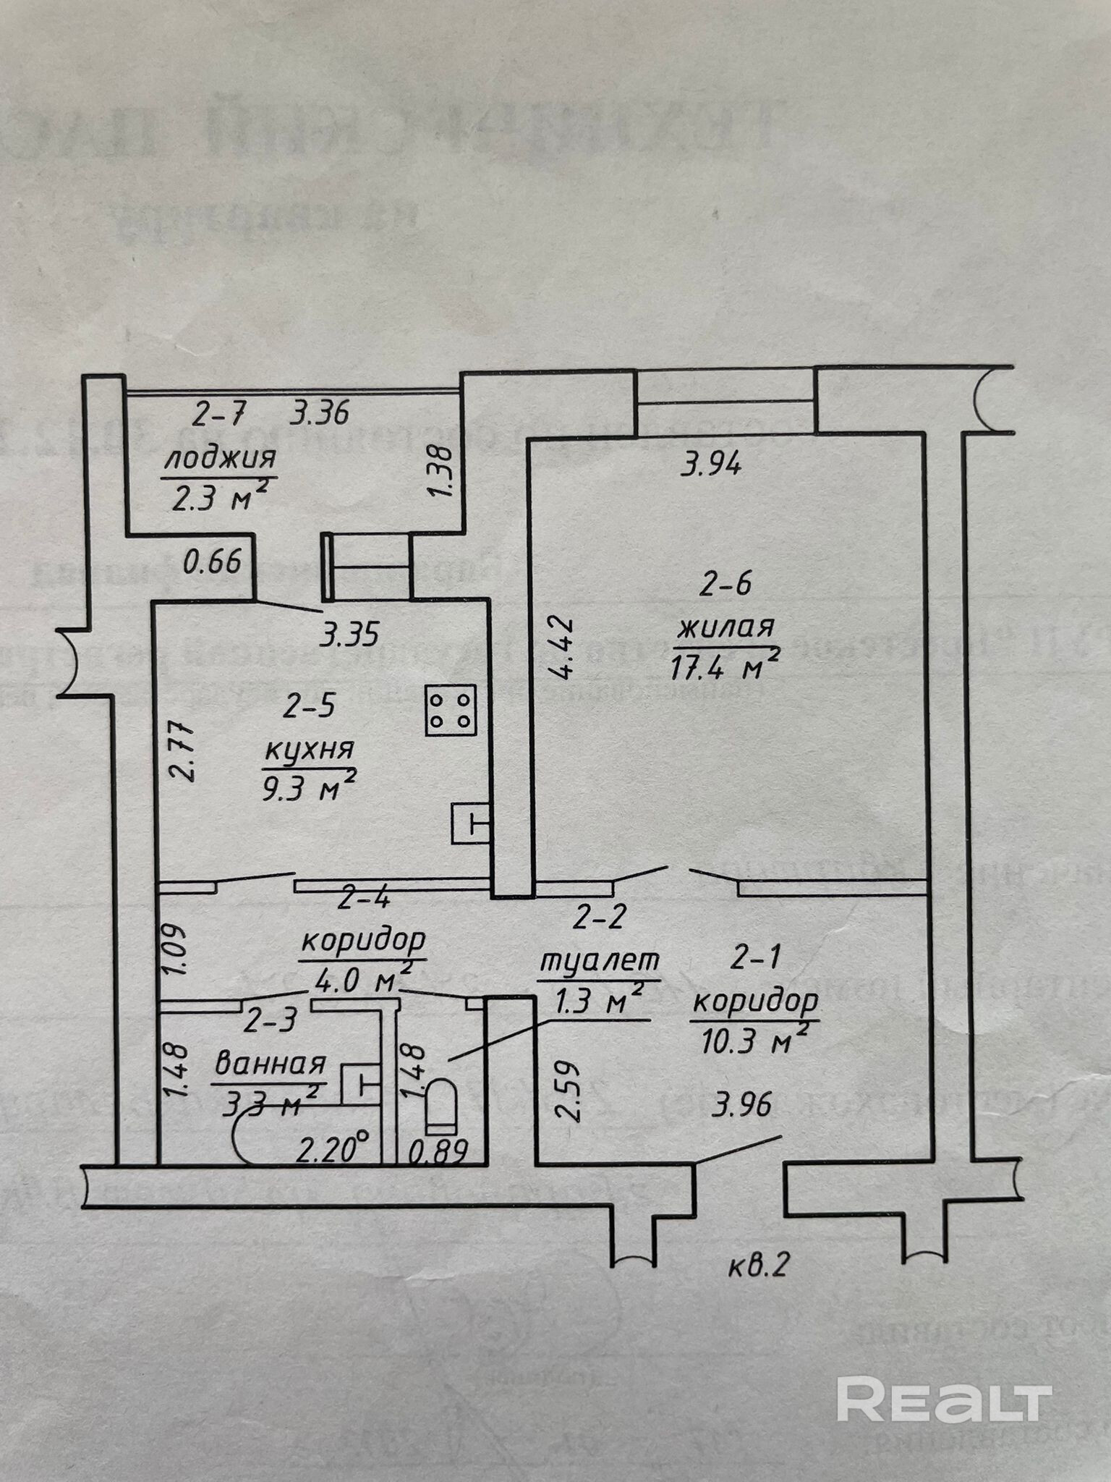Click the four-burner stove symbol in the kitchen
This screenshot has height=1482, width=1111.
pos(451,710)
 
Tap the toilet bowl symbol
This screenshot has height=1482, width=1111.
pos(440,1106)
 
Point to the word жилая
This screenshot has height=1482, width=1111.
pos(725,627)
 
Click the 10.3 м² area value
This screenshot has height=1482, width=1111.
pos(754,1043)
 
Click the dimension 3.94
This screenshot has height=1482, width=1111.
pos(712,465)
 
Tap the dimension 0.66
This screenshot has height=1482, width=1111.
pos(212,562)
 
